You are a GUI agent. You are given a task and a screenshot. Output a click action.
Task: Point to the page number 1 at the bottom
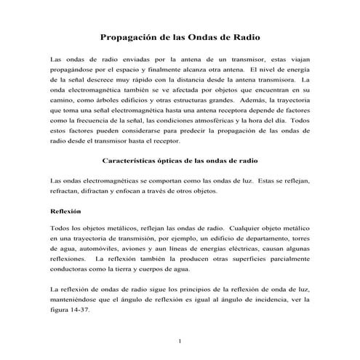[180, 341]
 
